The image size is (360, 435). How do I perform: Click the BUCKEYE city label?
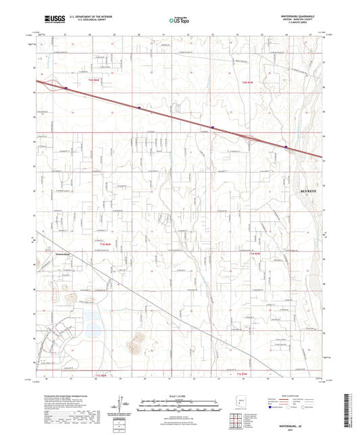[x=308, y=191]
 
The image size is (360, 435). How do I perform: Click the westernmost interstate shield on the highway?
[x=66, y=87]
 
